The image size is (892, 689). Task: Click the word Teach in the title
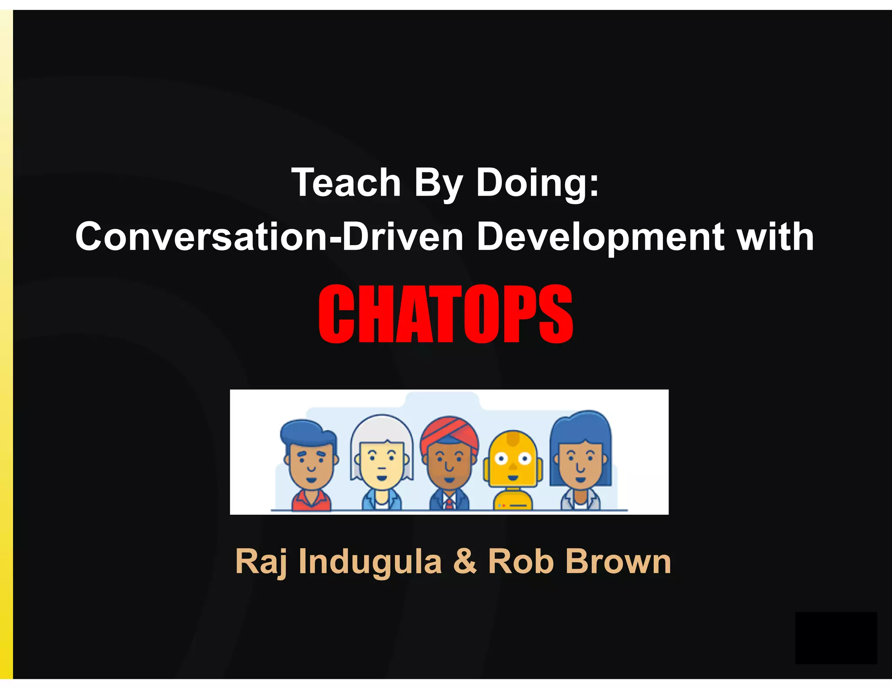[x=346, y=182]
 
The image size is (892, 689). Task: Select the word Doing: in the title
[x=537, y=182]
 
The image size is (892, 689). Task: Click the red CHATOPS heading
[x=446, y=314]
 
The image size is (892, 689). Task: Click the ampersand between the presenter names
[x=465, y=562]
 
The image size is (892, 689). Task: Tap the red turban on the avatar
[x=449, y=433]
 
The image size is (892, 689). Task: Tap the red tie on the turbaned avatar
[x=449, y=504]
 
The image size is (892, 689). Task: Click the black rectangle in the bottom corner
[x=835, y=638]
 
